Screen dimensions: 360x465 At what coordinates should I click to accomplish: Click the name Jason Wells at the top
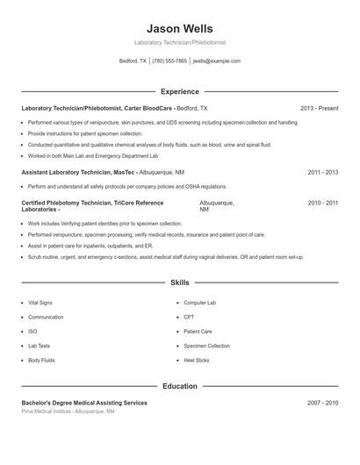click(179, 29)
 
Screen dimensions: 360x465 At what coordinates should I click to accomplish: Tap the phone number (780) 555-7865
click(169, 61)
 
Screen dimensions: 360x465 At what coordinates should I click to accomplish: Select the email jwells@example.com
click(216, 61)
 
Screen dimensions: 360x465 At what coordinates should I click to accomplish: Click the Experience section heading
click(179, 91)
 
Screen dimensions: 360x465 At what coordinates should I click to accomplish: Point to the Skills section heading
click(179, 283)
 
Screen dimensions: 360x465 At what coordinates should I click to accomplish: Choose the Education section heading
click(179, 386)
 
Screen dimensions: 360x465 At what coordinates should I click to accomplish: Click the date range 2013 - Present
click(319, 108)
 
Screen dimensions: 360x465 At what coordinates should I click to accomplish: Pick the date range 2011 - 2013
click(322, 173)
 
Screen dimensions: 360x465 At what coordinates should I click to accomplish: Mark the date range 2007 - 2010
click(322, 403)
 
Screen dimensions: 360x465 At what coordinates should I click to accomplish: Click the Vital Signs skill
click(40, 303)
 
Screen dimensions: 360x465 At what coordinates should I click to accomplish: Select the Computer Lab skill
click(199, 303)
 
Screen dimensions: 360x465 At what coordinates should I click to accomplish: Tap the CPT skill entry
click(189, 317)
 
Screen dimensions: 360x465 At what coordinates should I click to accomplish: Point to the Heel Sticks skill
click(196, 360)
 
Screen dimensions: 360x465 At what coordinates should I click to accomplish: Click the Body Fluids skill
click(41, 360)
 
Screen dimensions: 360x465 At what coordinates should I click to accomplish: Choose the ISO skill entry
click(32, 332)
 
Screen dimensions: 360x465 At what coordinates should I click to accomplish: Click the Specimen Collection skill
click(206, 346)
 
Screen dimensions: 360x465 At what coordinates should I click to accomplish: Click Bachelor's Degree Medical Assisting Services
click(84, 403)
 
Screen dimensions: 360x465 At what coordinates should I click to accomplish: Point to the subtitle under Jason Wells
click(179, 42)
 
